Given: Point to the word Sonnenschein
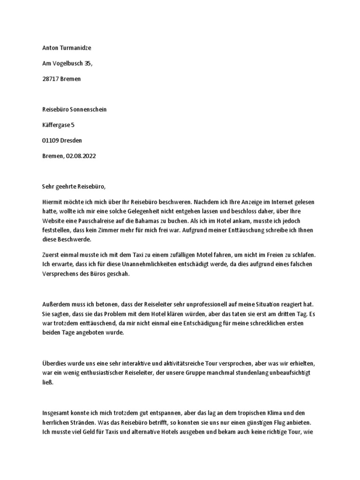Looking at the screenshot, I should [x=90, y=109].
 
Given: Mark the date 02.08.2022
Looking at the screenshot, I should [x=81, y=155].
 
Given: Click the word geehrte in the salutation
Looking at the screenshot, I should [x=68, y=186].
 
